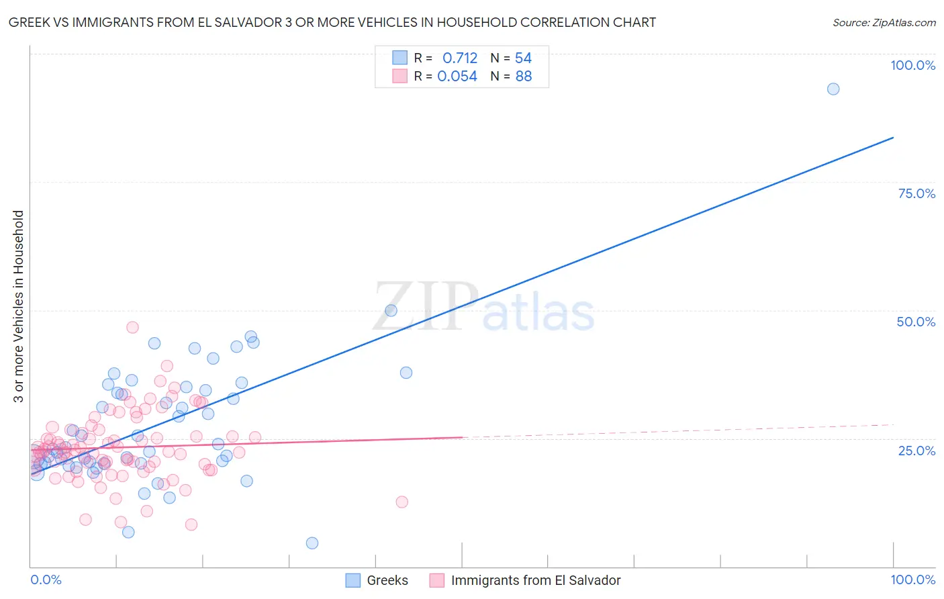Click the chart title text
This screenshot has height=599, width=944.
coord(332,22)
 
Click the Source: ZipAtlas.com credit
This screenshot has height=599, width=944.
coord(884,22)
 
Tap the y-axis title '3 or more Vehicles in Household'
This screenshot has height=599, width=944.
coord(19,306)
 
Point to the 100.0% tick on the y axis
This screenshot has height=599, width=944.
coord(912,65)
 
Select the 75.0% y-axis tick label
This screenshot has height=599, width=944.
coord(916,193)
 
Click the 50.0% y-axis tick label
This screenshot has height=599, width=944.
coord(916,322)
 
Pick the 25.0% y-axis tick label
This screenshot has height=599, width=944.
coord(916,450)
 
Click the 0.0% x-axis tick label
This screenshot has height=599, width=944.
coord(46,580)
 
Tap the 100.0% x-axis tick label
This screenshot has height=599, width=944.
coord(912,580)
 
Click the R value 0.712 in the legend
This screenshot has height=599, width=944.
coord(460,58)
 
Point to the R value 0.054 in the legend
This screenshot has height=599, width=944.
coord(457,77)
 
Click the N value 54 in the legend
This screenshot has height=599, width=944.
coord(523,58)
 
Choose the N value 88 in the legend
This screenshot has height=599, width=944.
coord(523,77)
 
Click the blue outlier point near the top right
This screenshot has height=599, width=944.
coord(833,89)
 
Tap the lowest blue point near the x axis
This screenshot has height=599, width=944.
coord(312,543)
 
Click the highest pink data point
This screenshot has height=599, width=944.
coord(132,327)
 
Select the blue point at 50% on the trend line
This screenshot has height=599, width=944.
coord(391,310)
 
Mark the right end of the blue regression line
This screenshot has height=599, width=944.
coord(893,138)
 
